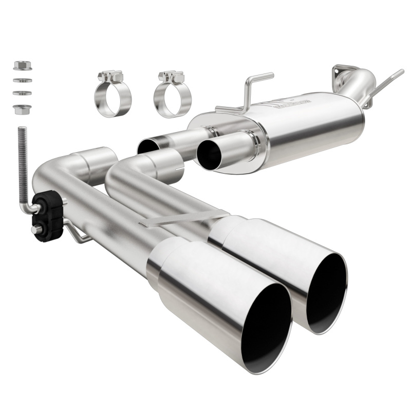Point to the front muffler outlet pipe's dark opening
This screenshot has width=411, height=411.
210,153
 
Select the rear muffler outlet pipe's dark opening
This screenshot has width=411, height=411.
147,147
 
